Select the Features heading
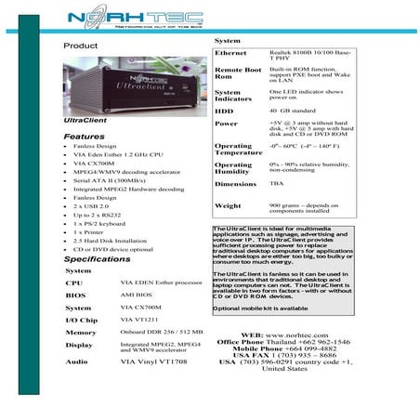point(84,137)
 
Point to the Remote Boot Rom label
point(237,73)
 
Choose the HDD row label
point(225,110)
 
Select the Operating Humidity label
point(233,168)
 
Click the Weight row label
point(228,205)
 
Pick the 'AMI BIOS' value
point(138,294)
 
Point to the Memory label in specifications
point(81,332)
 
